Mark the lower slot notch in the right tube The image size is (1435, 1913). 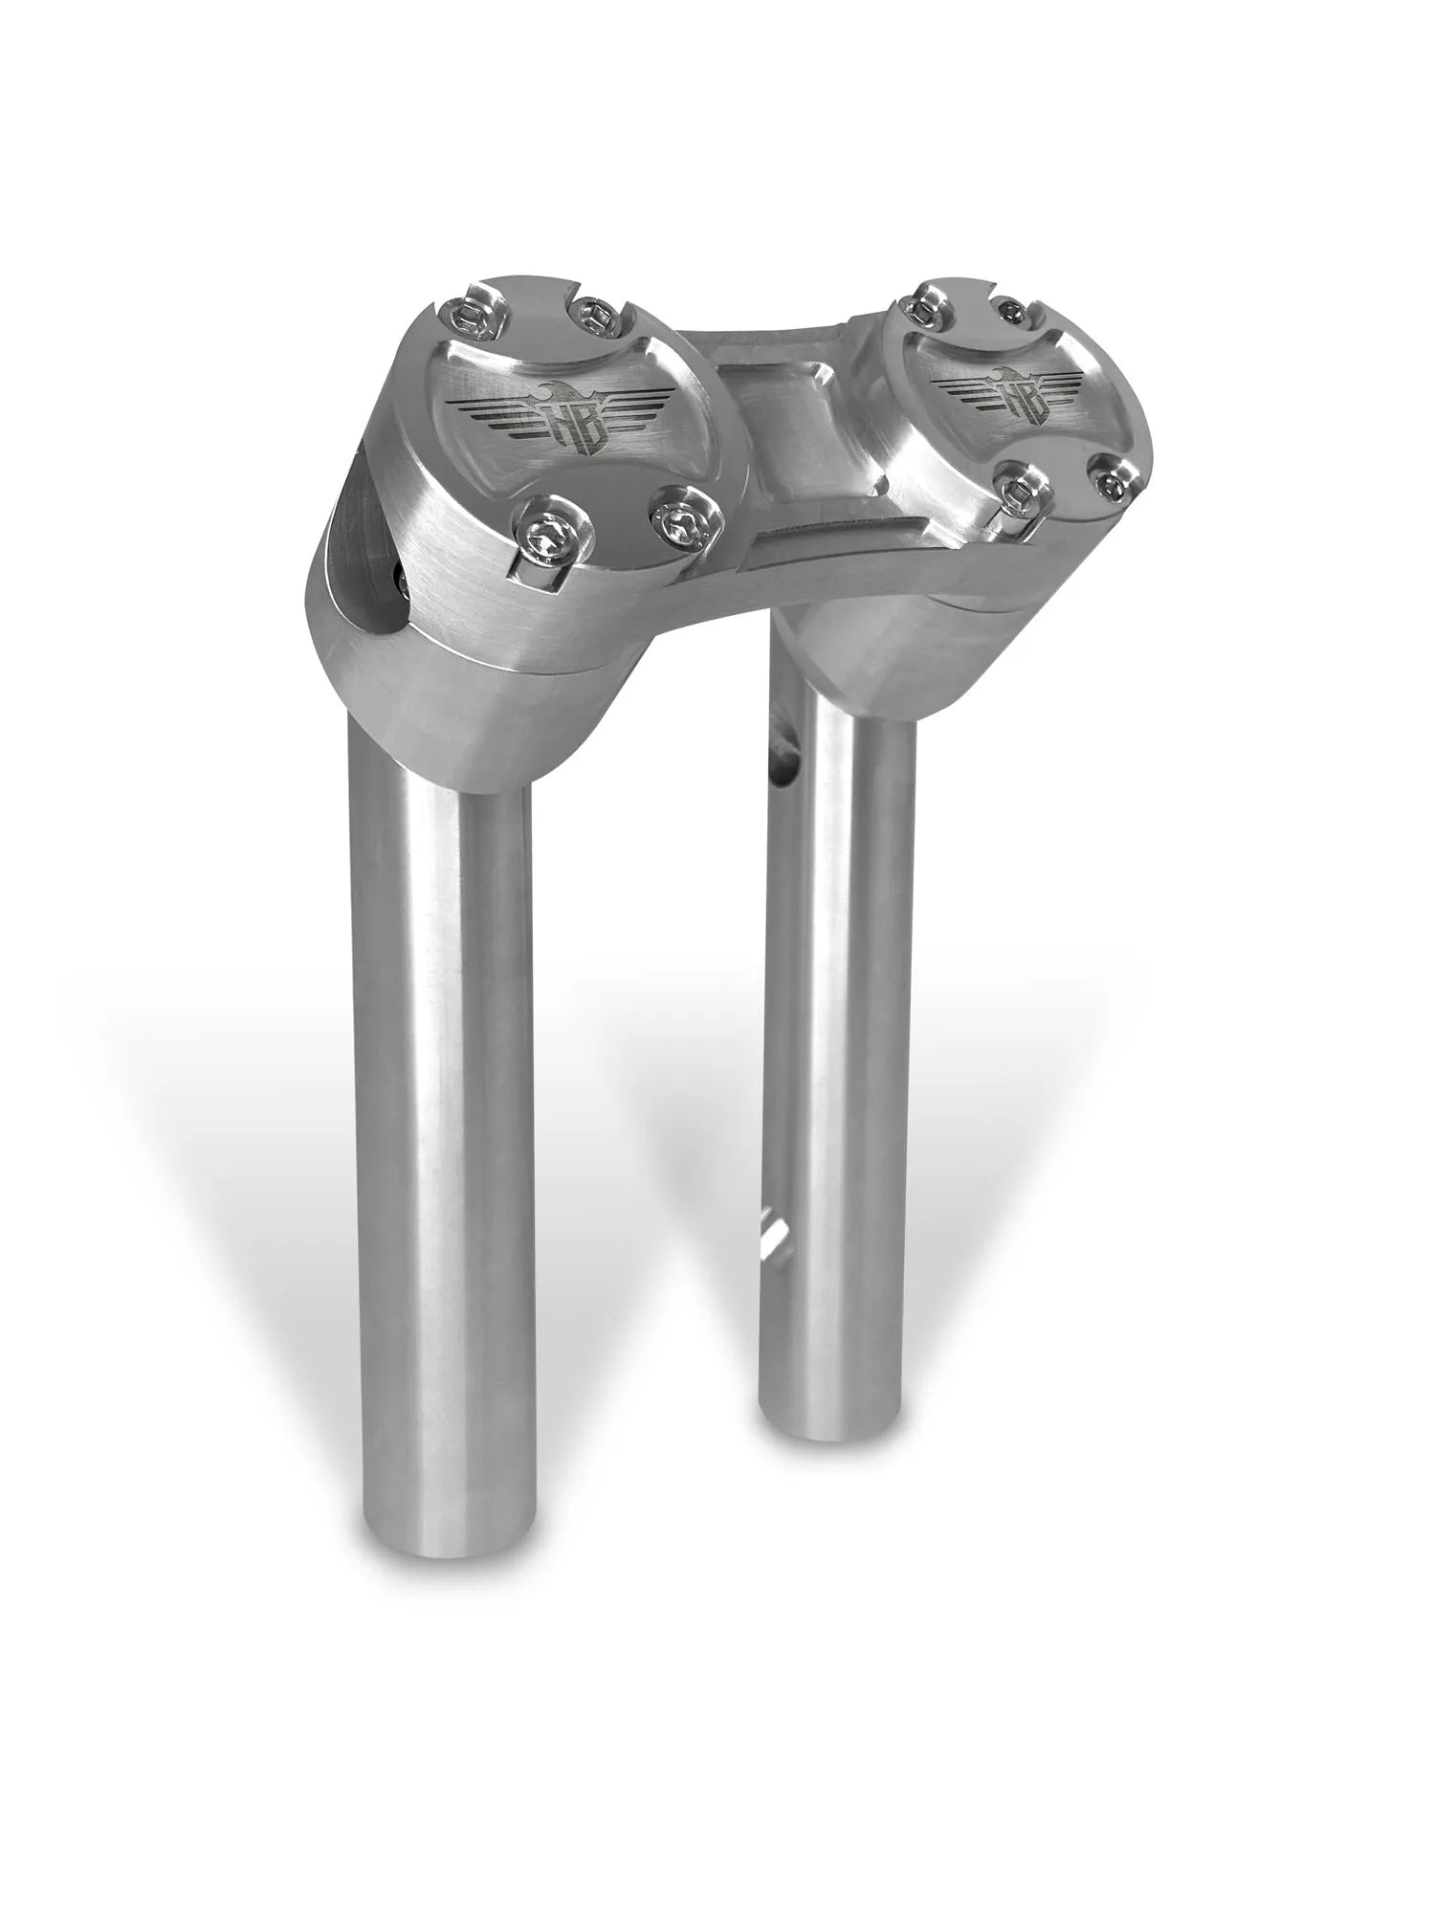click(x=771, y=1234)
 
